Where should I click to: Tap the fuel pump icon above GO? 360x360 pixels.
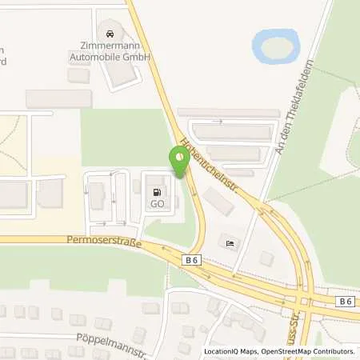[x=157, y=192]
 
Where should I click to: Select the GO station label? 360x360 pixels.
[x=157, y=204]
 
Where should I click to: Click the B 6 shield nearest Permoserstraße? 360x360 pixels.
[x=192, y=260]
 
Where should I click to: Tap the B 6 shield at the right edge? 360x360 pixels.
[x=344, y=301]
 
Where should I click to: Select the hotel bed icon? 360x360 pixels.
[x=230, y=243]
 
